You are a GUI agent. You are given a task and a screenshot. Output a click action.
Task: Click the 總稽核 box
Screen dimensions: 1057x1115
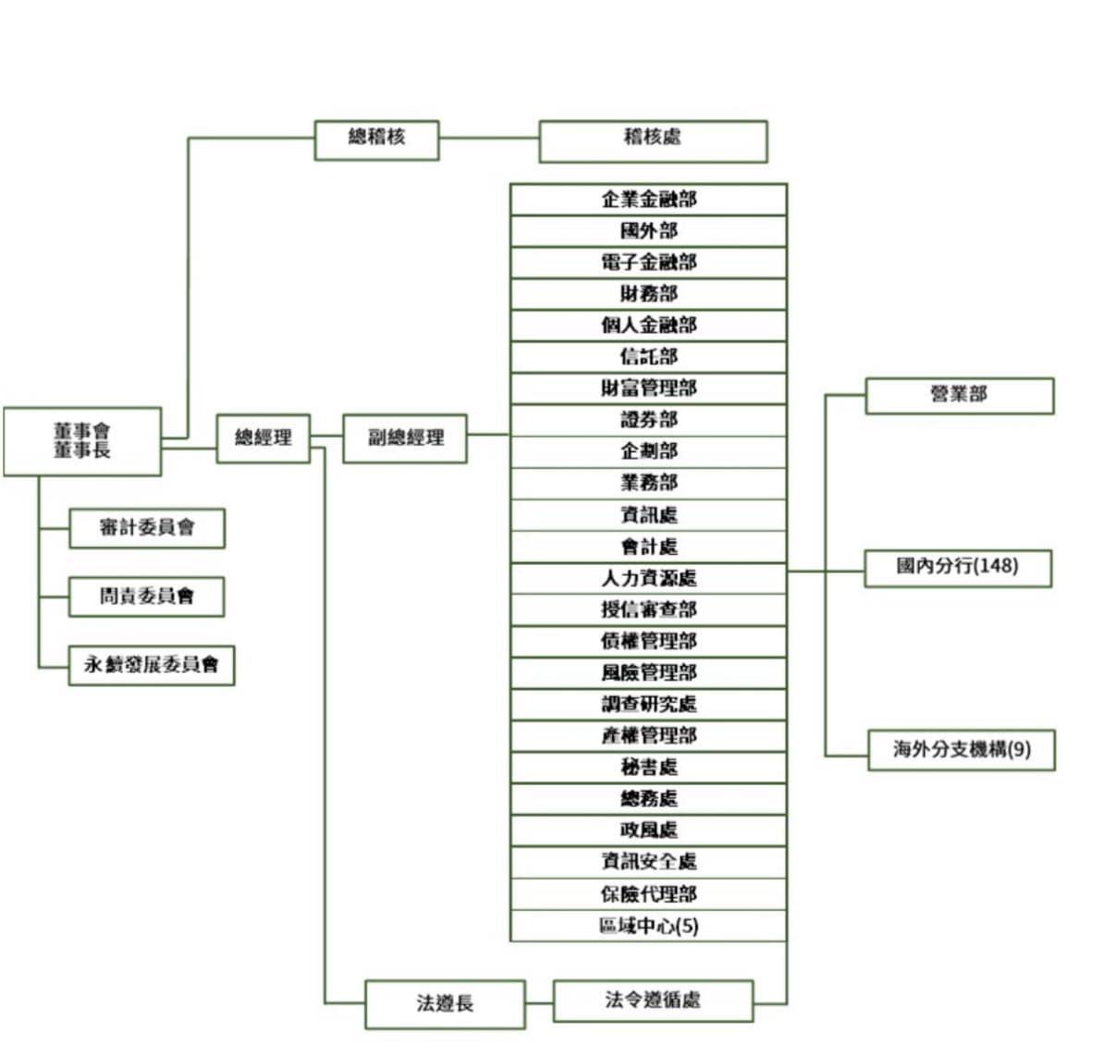376,140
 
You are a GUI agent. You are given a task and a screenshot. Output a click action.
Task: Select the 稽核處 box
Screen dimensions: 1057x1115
653,141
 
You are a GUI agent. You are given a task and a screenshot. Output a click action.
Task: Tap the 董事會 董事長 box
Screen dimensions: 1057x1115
82,441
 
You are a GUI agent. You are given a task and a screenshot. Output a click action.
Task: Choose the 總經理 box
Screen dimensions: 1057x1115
263,438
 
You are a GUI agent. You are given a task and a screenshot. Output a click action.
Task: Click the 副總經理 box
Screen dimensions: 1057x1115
405,438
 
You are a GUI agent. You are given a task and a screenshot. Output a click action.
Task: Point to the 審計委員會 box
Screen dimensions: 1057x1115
147,528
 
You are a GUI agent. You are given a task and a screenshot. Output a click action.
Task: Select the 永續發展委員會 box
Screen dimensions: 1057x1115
152,665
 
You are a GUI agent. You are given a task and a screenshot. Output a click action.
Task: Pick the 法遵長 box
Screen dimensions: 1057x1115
445,1003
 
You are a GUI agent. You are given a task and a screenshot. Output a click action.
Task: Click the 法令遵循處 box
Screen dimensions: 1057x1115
653,1001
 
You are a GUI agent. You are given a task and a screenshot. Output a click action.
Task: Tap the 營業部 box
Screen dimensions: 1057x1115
959,395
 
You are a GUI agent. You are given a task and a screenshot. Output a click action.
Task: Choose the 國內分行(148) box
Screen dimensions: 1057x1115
958,567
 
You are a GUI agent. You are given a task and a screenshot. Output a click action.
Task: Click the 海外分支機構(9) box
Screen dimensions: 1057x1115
961,750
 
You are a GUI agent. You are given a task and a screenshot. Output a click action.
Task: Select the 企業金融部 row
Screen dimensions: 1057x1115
648,200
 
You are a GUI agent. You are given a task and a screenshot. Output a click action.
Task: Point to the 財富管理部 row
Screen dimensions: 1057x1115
648,388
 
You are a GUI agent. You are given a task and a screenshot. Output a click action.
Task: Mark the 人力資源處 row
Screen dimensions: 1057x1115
648,579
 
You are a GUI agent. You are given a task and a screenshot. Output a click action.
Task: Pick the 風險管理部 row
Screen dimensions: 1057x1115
648,673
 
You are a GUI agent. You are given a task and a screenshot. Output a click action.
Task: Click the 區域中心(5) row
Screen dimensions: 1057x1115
648,926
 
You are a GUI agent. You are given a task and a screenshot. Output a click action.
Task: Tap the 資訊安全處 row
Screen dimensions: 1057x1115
648,862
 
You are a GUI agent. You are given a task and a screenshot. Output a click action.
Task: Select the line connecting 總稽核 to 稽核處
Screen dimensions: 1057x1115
489,139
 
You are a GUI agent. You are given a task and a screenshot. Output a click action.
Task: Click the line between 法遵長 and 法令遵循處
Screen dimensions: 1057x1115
539,1002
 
